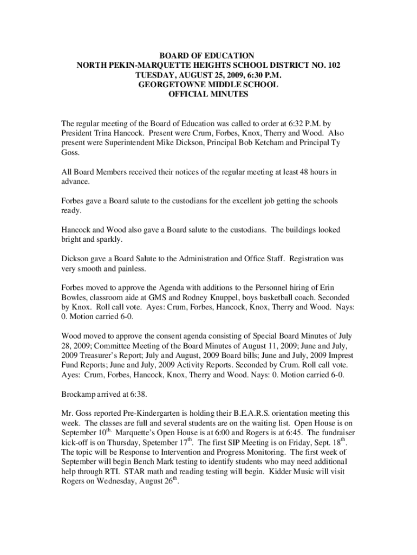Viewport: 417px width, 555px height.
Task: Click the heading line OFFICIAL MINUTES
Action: tap(208, 94)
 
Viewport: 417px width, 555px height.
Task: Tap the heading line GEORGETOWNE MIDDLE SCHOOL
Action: tap(208, 85)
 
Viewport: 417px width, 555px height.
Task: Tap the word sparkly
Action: tap(101, 240)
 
